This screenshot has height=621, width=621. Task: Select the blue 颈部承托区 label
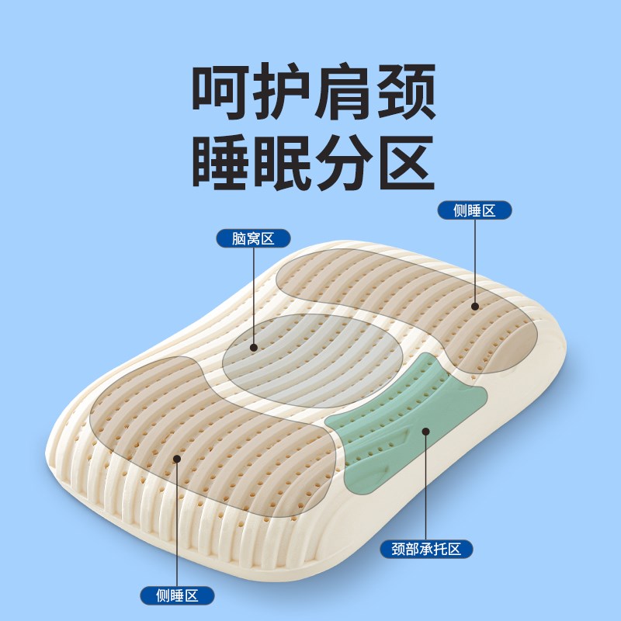coord(426,550)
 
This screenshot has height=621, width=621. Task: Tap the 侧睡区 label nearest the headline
coord(474,210)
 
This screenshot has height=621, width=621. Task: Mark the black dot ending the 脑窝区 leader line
coord(254,348)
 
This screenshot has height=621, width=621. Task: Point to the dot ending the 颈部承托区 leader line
coord(425,432)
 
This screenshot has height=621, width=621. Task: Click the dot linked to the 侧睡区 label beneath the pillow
coord(177,459)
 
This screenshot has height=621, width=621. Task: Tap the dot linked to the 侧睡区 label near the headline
coord(474,307)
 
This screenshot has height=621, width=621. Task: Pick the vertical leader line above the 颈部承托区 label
coord(425,489)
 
